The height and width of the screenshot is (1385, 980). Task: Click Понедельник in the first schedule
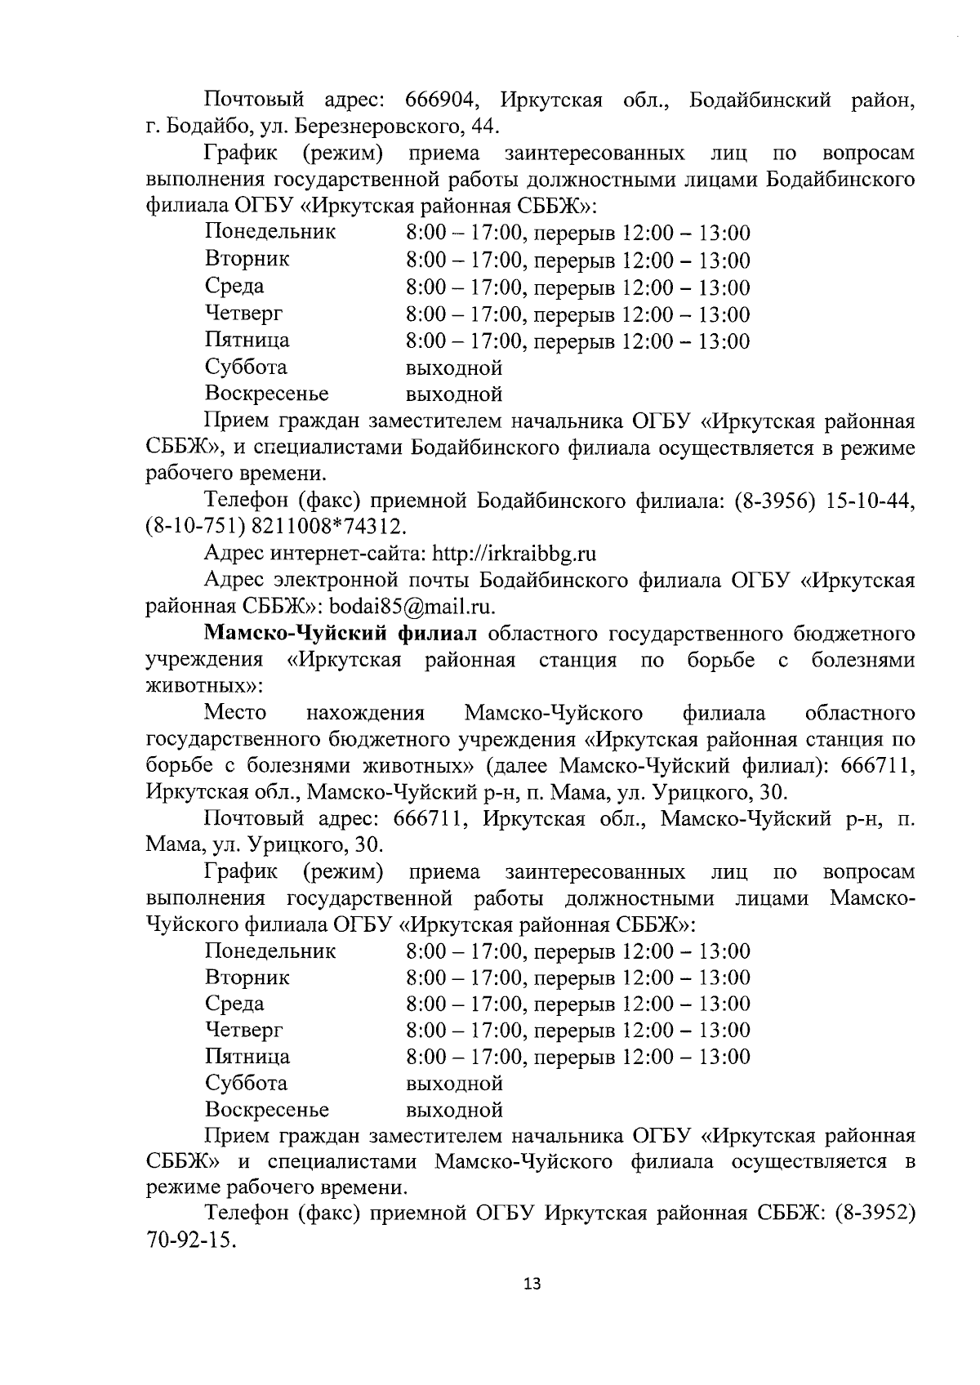pyautogui.click(x=269, y=233)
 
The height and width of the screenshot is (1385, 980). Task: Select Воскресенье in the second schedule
pyautogui.click(x=266, y=1110)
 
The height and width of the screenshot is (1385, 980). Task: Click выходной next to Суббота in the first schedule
pyautogui.click(x=453, y=367)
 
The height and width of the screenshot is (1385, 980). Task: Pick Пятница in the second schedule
pyautogui.click(x=247, y=1057)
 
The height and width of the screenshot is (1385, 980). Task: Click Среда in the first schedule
pyautogui.click(x=234, y=287)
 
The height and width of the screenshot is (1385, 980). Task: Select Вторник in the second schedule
pyautogui.click(x=247, y=978)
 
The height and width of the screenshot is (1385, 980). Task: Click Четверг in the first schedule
pyautogui.click(x=243, y=314)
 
